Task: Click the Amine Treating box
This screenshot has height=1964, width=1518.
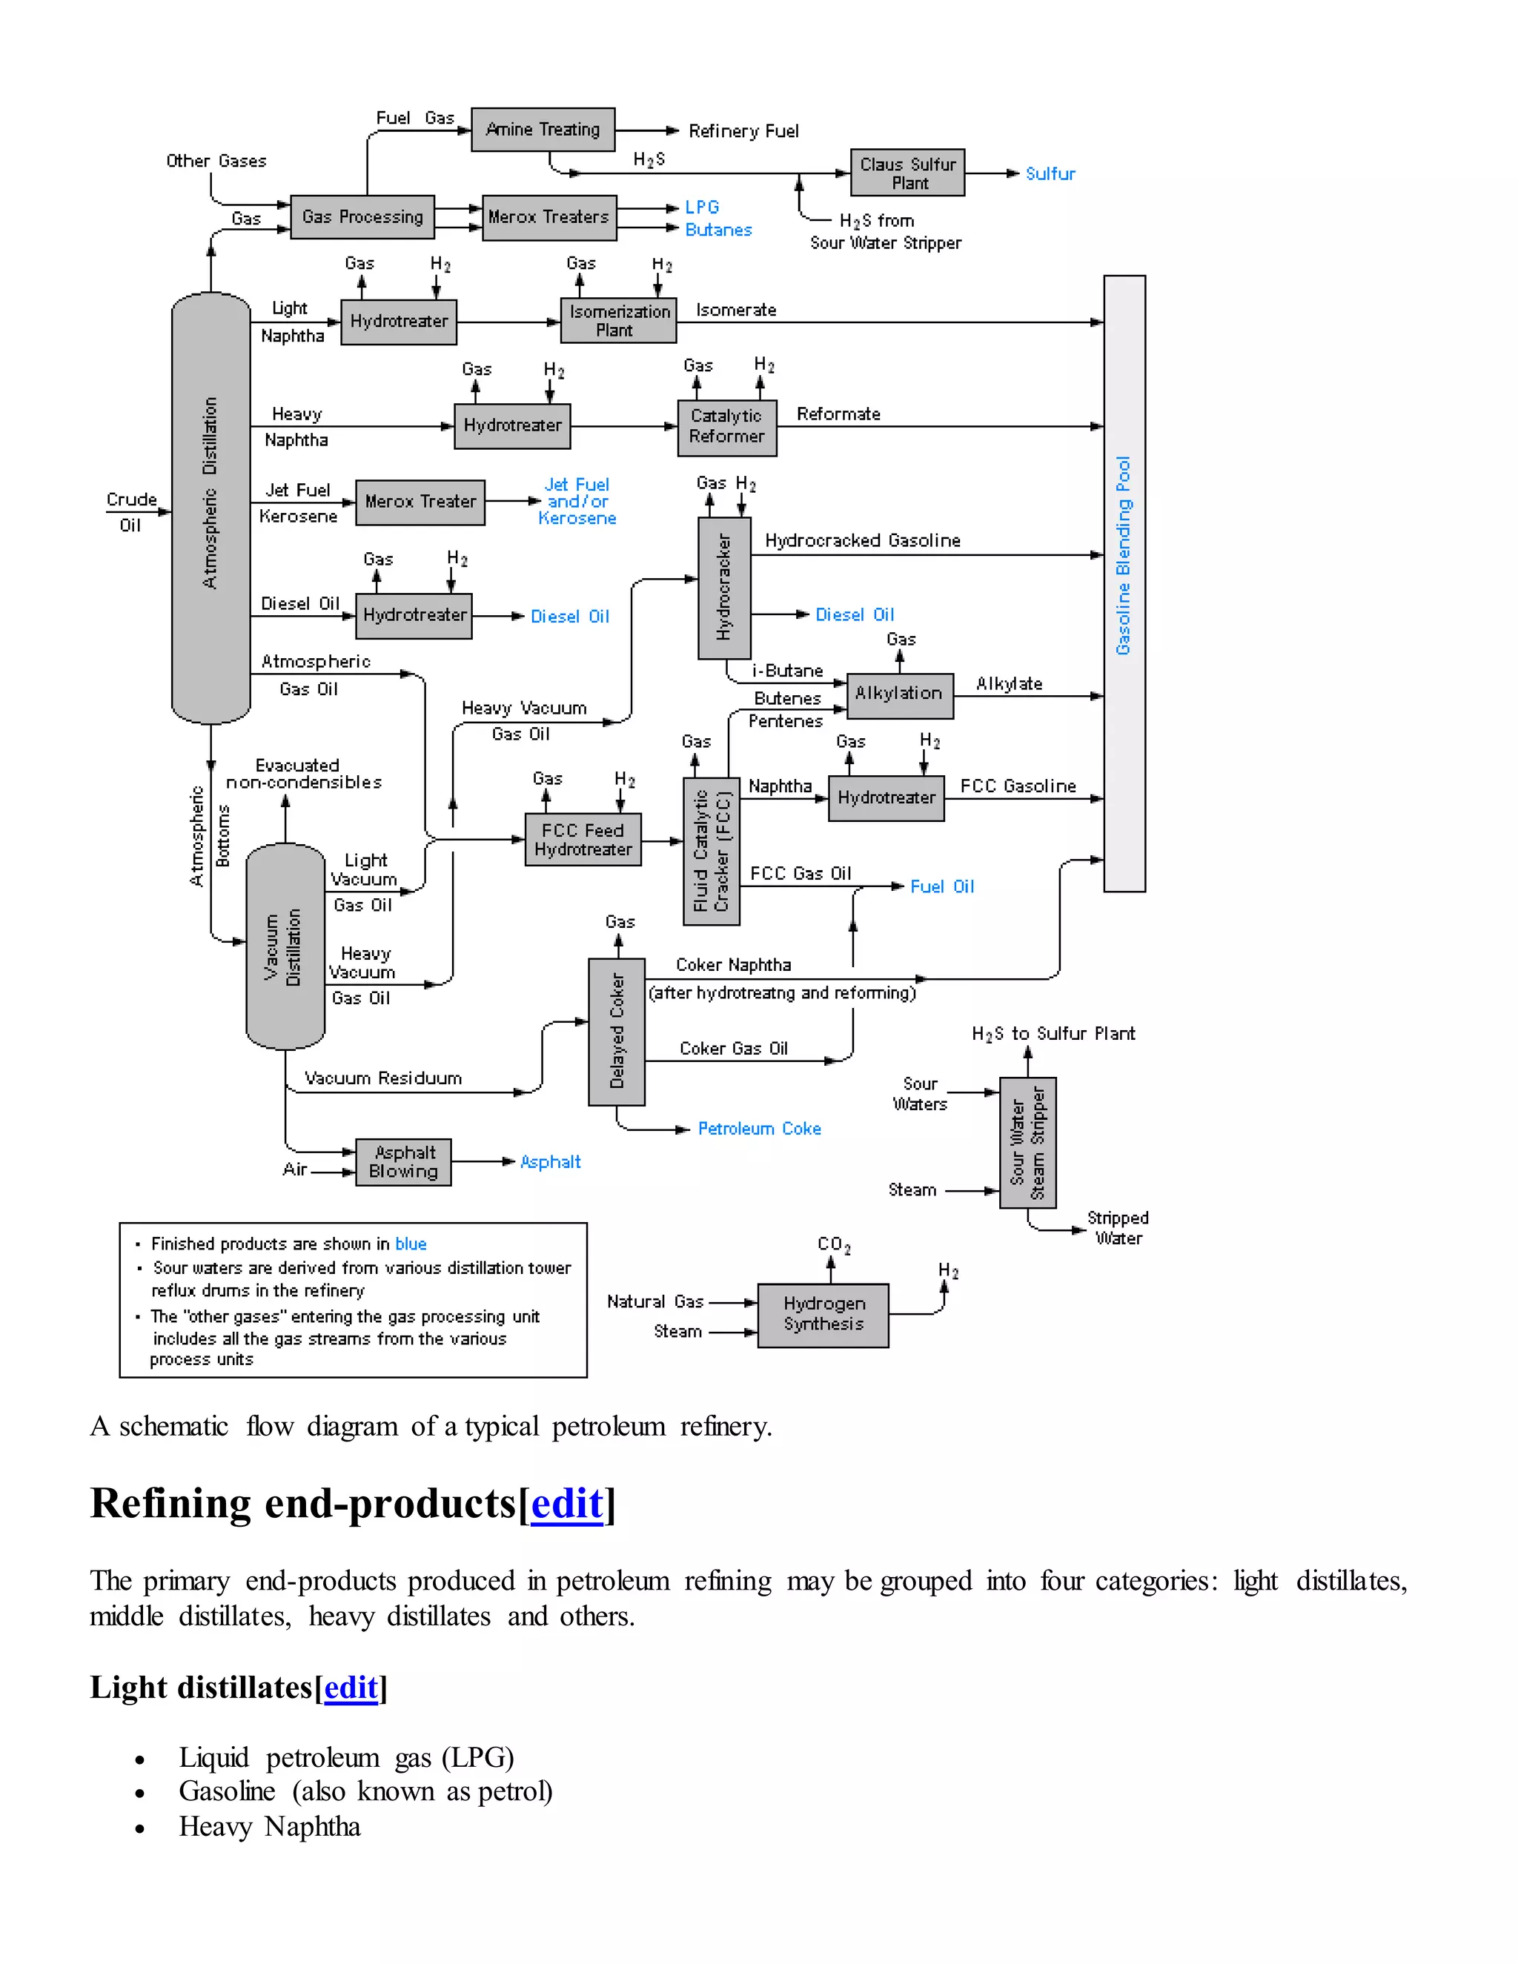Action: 543,130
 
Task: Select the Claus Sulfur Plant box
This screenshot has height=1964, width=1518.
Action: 907,173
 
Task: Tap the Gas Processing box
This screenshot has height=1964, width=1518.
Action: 362,216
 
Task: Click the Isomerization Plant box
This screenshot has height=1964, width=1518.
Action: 619,321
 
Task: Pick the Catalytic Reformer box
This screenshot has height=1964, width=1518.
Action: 726,426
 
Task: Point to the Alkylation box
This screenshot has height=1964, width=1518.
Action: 899,694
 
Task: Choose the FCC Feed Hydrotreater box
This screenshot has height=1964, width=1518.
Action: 583,840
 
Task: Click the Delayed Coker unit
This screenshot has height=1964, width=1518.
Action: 617,1032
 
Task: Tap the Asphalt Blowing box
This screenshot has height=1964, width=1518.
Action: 404,1162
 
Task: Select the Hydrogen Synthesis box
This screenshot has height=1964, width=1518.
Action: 823,1314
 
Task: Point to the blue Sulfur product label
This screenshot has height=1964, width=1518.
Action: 1050,173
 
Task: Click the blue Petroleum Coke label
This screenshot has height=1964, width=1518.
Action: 759,1129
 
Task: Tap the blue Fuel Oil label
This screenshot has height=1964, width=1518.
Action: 941,886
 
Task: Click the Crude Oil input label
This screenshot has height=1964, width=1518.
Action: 131,511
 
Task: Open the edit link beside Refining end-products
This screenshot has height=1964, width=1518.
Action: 566,1504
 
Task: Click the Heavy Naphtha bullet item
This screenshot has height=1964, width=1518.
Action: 269,1826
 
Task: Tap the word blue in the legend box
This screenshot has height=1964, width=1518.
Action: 410,1244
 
